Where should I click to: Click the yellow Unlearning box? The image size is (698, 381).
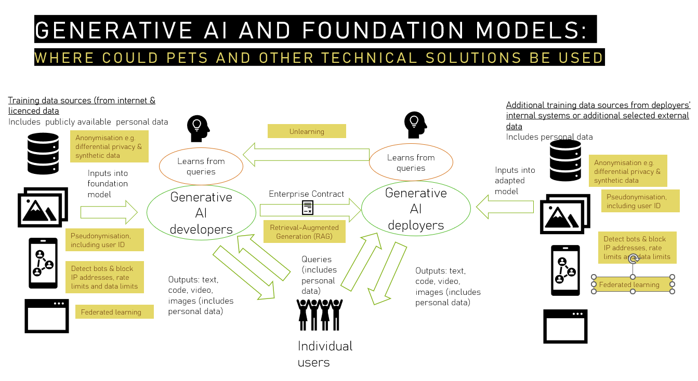(307, 131)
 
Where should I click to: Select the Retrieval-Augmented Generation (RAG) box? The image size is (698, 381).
(304, 232)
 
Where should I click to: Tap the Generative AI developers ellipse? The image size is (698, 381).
(201, 212)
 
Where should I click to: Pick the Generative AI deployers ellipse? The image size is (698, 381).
(416, 209)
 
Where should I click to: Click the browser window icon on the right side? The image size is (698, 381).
(565, 326)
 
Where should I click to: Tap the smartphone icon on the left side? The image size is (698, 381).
(44, 263)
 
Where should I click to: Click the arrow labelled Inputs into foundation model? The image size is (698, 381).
(109, 212)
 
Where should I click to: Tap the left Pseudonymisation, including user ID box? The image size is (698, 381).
(104, 240)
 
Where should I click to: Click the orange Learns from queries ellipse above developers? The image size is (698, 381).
(201, 166)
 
